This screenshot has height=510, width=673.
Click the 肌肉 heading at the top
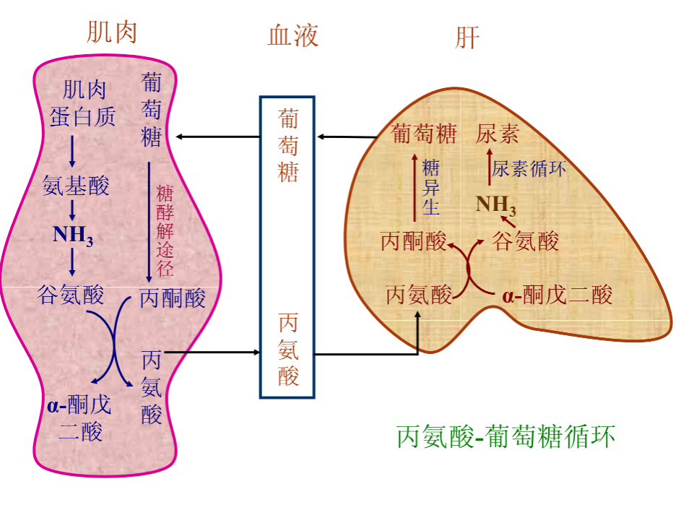point(112,33)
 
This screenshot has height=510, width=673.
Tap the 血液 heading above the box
point(293,35)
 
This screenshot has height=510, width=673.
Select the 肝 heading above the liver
point(467,38)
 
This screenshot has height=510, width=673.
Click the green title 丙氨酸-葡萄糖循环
point(506,437)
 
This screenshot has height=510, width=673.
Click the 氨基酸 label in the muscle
point(76,186)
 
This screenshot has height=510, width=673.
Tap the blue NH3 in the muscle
point(73,235)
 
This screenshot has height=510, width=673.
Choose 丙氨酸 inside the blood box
point(287,350)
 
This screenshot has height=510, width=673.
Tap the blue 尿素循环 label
point(529,169)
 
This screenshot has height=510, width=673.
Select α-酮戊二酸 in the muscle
point(80,417)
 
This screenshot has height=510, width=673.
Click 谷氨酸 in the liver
point(525,241)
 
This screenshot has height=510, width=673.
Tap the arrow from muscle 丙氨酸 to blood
point(213,353)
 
